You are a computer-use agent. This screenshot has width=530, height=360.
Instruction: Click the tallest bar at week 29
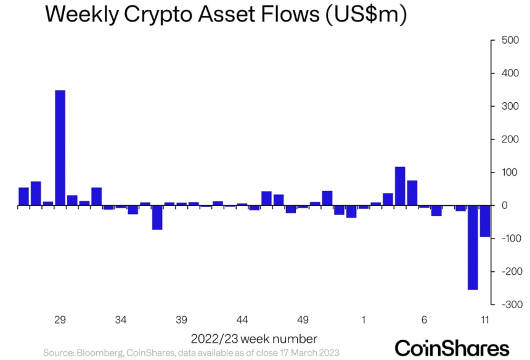coord(60,148)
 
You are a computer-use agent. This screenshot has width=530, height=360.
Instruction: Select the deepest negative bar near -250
coord(473,247)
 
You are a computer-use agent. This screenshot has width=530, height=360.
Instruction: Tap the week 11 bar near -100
coord(485,221)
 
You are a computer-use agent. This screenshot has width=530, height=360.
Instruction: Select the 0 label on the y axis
coord(503,205)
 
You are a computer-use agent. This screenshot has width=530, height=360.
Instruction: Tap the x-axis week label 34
coord(121,320)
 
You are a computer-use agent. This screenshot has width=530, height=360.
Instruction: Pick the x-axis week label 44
coord(242,320)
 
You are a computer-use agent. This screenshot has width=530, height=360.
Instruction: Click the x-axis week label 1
coord(364,320)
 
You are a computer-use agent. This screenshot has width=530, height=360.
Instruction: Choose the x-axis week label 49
coord(303,320)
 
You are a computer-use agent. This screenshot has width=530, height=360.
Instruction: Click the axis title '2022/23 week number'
coord(254,339)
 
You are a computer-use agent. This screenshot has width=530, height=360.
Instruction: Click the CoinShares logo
coord(452,346)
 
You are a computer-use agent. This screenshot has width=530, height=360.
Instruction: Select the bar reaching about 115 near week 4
coord(400,186)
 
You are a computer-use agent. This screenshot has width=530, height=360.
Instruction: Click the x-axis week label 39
coord(181,320)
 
